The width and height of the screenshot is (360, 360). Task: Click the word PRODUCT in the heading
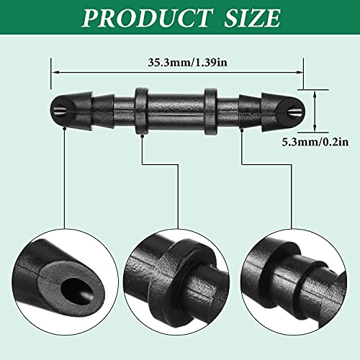tap(147, 18)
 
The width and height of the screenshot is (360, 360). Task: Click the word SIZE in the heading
tap(252, 18)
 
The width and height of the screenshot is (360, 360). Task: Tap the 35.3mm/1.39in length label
tap(187, 63)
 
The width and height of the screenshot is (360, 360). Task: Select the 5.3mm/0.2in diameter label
tap(315, 143)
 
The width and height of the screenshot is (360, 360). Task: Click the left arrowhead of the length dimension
tap(55, 72)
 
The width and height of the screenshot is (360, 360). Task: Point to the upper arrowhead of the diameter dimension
tap(315, 94)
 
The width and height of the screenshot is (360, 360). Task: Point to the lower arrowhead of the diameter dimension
tap(315, 128)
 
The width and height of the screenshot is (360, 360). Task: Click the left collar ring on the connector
tap(141, 111)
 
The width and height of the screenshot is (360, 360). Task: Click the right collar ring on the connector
tap(211, 112)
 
